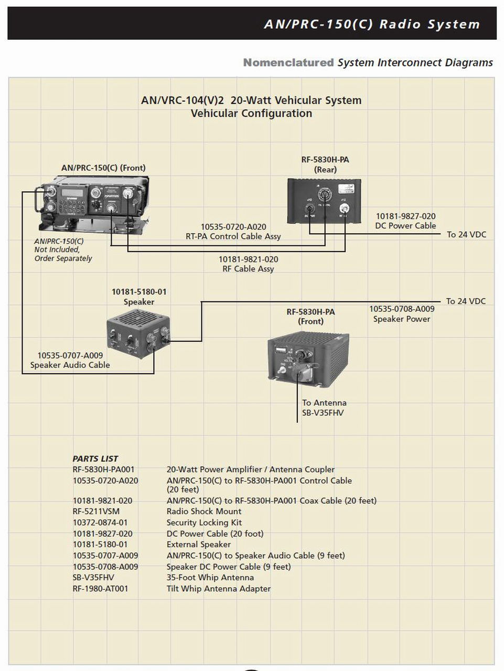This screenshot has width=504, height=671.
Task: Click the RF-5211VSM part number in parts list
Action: (x=96, y=512)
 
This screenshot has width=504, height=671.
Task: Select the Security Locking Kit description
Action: (x=204, y=523)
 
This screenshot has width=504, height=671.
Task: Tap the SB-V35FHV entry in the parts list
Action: (x=93, y=578)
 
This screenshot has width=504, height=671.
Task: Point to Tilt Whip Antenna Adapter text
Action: (x=218, y=589)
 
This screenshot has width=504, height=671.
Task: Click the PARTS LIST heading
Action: (x=95, y=459)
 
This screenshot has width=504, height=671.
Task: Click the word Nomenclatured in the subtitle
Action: (x=288, y=62)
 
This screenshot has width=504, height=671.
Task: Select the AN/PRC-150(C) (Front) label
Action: (x=103, y=168)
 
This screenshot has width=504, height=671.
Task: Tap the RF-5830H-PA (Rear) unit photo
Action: (x=324, y=201)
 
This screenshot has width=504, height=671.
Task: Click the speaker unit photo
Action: (x=138, y=333)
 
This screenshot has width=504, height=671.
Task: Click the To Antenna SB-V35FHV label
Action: (x=324, y=408)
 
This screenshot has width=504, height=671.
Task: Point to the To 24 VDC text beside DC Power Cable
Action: (x=466, y=235)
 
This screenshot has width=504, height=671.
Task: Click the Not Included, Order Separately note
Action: (x=63, y=250)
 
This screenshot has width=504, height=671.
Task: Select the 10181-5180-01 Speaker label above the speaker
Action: (x=139, y=297)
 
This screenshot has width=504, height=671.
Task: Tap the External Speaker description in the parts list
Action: (x=198, y=545)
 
